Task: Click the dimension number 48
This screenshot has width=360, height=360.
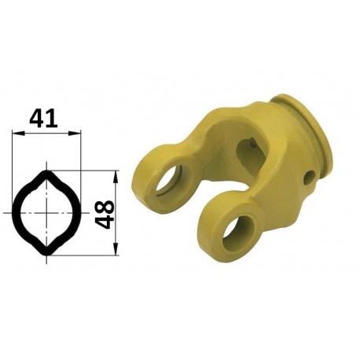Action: [104, 215]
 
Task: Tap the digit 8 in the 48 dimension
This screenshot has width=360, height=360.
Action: [104, 208]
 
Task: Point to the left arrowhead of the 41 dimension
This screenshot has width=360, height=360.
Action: [18, 134]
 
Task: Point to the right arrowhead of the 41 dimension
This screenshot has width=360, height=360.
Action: [75, 134]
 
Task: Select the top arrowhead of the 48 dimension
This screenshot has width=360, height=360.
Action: [116, 177]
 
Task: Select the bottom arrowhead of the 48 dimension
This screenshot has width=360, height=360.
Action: [116, 248]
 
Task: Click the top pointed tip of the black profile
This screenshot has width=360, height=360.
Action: [46, 171]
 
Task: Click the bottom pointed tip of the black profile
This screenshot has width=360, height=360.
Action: [46, 255]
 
